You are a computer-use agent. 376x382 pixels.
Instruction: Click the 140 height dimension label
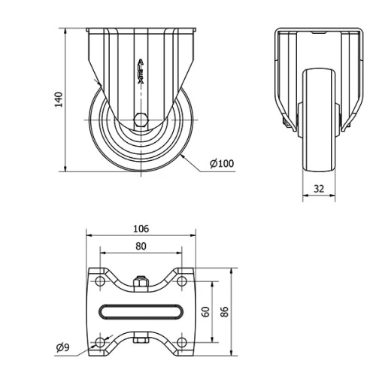[x=58, y=100]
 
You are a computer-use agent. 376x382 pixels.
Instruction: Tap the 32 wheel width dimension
[x=319, y=189]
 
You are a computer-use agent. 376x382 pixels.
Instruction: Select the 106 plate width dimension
[x=141, y=228]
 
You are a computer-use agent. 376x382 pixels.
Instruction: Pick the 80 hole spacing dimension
[x=141, y=245]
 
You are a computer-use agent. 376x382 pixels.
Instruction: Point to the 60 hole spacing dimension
[x=205, y=311]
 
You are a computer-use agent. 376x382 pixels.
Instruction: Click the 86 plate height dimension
[x=223, y=311]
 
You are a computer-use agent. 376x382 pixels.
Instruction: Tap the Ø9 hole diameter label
[x=64, y=348]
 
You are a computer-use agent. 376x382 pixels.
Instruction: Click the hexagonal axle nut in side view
[x=141, y=118]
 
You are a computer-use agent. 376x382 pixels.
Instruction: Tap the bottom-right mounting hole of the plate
[x=180, y=343]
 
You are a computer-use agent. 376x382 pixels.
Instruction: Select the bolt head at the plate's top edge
[x=141, y=283]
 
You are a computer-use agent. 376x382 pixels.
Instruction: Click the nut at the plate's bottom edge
[x=141, y=341]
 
